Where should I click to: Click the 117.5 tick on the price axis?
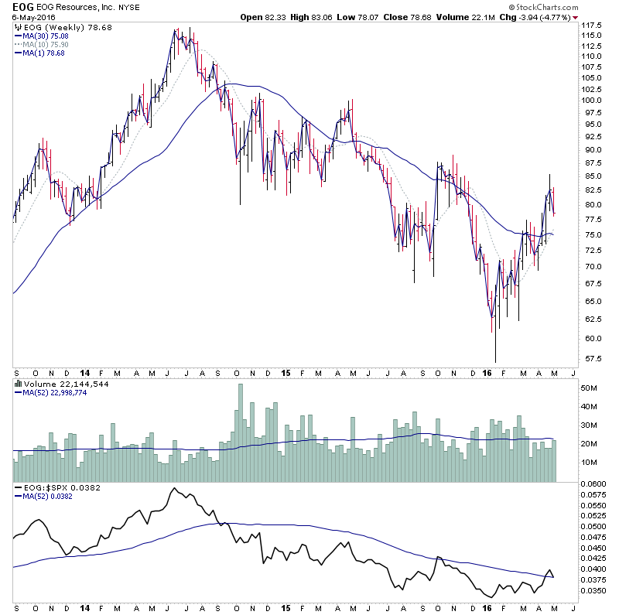coord(592,26)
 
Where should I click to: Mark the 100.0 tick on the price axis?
coord(592,100)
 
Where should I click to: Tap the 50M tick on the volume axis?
coord(590,388)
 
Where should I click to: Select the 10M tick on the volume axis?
coord(590,462)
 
